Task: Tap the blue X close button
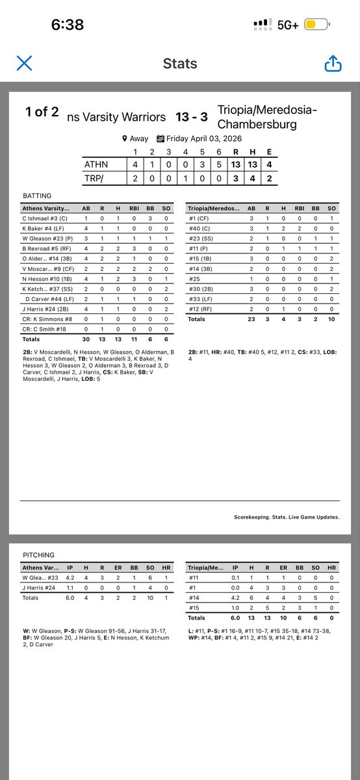(24, 63)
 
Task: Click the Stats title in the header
(179, 64)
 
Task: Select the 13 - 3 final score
(192, 117)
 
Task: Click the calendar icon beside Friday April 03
(161, 138)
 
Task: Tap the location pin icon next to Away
(125, 138)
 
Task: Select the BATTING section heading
(37, 195)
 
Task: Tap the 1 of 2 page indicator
(42, 112)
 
